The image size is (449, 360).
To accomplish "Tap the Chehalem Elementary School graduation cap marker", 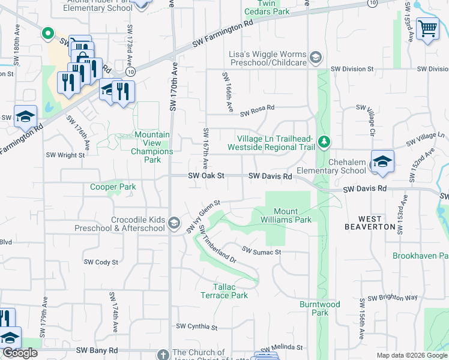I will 382,161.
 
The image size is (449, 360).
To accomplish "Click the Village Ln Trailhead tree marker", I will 324,142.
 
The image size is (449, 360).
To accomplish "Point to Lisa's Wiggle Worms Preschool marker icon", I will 316,58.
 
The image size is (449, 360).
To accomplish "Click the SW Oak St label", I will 206,176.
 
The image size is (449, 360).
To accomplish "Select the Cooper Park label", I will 113,187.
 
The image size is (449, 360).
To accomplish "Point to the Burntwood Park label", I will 319,308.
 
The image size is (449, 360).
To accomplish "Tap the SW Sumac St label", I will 262,250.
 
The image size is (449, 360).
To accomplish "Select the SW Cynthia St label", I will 196,327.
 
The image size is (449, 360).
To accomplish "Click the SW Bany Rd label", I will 97,350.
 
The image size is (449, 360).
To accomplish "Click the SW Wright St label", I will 65,155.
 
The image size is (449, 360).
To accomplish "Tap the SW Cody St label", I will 101,262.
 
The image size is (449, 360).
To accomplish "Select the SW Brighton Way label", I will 392,298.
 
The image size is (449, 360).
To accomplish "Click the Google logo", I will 20,353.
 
